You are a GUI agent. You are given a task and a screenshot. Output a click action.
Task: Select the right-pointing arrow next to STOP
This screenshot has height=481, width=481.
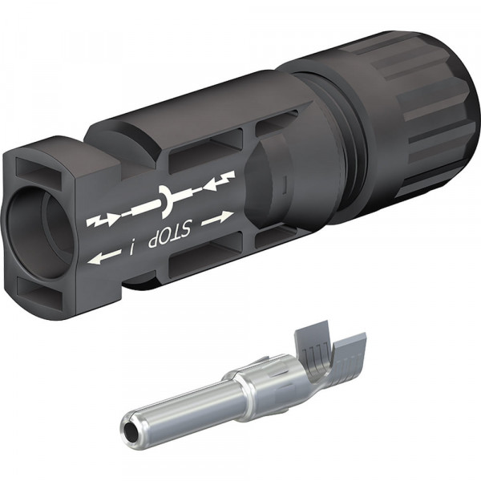(217, 217)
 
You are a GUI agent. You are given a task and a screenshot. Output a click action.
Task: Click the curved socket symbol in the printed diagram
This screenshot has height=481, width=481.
(166, 200)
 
